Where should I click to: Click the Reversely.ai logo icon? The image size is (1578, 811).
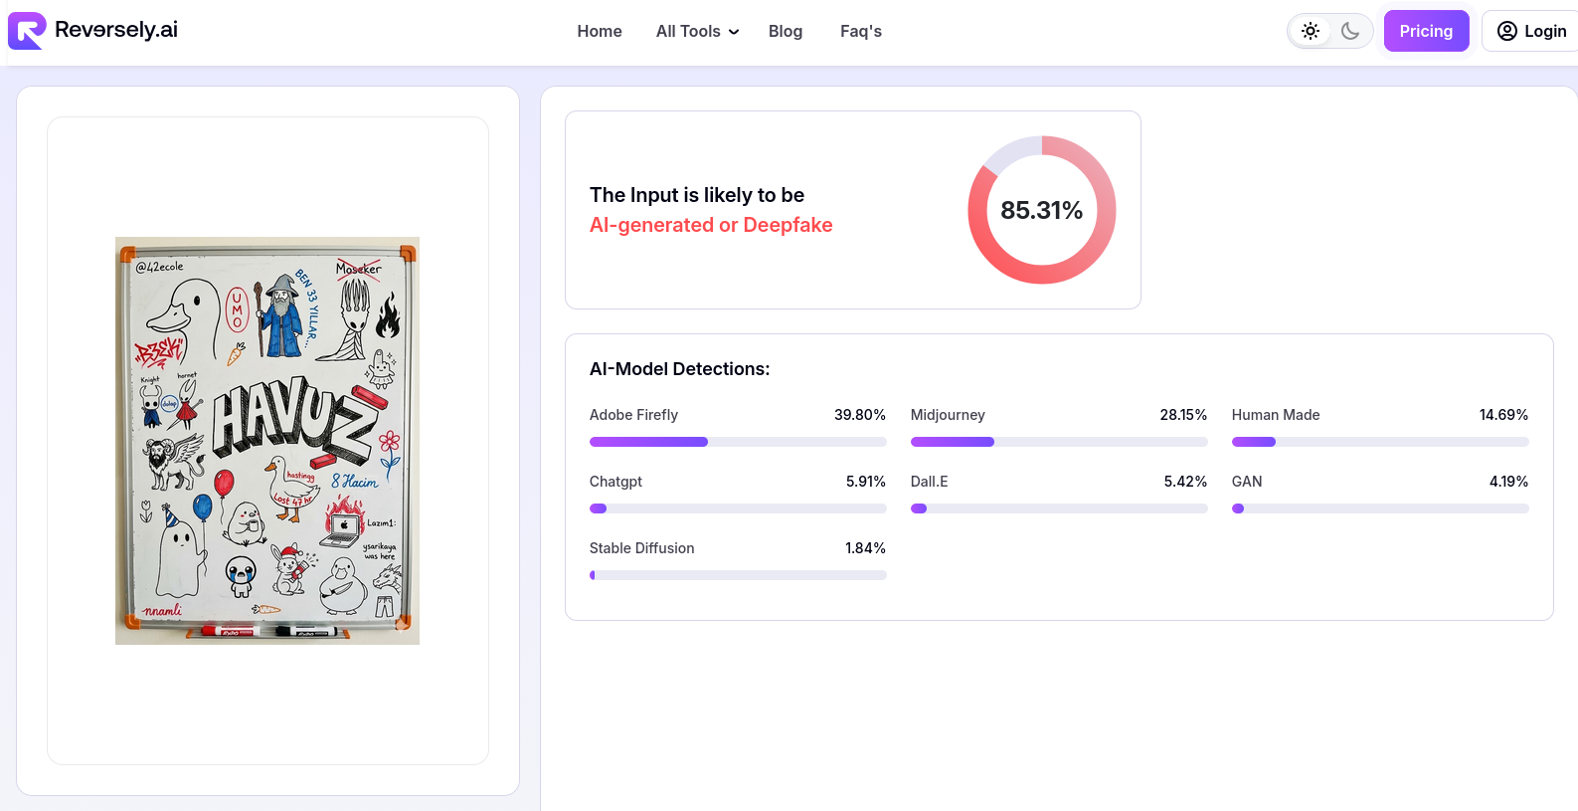click(x=27, y=31)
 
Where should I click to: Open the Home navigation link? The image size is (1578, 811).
click(x=600, y=32)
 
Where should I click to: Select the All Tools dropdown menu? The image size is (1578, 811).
click(x=697, y=32)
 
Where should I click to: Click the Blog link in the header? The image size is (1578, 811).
click(x=786, y=32)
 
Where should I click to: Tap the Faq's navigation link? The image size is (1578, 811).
click(x=861, y=32)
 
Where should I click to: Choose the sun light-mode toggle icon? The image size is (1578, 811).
click(x=1311, y=31)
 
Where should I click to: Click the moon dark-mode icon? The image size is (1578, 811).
click(x=1350, y=31)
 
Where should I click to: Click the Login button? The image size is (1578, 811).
click(x=1531, y=31)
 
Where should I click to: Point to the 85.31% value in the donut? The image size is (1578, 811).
click(x=1041, y=210)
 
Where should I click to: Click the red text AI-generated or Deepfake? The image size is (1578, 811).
click(x=711, y=225)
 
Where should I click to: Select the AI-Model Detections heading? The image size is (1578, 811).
click(x=679, y=369)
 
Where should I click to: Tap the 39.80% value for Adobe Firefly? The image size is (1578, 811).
click(x=859, y=415)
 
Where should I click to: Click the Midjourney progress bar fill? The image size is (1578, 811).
click(x=952, y=442)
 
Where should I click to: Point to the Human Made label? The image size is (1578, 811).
click(x=1276, y=415)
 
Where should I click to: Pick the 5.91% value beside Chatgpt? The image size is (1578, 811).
click(x=865, y=482)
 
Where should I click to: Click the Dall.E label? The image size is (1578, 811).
click(x=929, y=482)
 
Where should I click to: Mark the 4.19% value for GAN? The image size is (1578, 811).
click(x=1508, y=482)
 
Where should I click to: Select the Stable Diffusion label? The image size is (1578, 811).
click(x=641, y=548)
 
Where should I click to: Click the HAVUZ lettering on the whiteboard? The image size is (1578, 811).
click(x=292, y=417)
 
